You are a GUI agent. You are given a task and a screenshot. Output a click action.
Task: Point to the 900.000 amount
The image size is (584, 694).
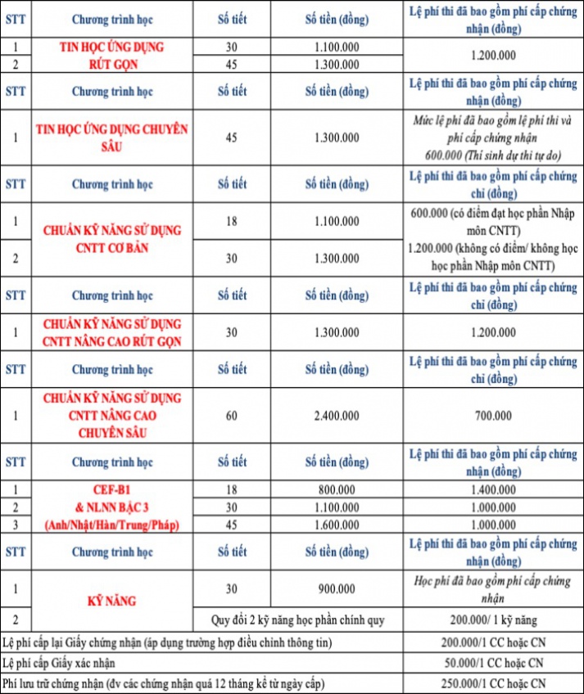pos(336,588)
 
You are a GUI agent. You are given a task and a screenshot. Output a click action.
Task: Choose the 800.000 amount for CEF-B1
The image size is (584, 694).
pos(336,489)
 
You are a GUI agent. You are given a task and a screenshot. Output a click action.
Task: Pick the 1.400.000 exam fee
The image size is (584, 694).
pos(495,489)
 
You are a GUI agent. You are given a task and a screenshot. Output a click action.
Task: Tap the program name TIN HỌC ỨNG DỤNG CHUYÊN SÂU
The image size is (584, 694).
pos(112,137)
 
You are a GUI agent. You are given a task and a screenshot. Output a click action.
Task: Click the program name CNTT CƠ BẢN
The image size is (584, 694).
pos(112,248)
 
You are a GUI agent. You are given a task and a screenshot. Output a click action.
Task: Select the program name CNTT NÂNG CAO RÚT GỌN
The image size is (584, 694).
pos(112,340)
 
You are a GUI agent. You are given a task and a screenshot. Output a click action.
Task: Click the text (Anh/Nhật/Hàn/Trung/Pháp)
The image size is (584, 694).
pos(112,524)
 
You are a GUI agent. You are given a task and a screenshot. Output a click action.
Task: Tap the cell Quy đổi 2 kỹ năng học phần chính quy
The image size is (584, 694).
pos(304,620)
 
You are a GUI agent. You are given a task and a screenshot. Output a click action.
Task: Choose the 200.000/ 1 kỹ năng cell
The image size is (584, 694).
pos(495,620)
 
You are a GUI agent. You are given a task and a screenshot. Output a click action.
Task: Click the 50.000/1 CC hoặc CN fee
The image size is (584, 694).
pos(495,663)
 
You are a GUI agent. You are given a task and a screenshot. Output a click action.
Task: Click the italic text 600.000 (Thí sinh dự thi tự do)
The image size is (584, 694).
pos(495,155)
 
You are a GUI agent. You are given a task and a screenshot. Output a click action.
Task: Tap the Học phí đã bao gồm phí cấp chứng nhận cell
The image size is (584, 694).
pos(495,588)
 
